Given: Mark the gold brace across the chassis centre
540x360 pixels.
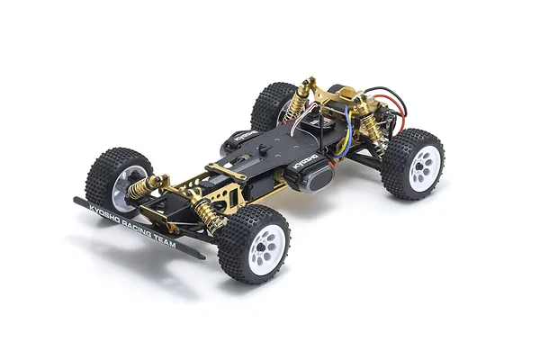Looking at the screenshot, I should (x=227, y=171).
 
